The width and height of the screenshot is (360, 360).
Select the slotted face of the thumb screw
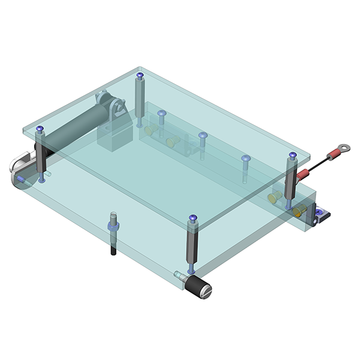point(206,293)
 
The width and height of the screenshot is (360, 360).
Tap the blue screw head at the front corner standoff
point(193,218)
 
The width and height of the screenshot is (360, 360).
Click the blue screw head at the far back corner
point(140,76)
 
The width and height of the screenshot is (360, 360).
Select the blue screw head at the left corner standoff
point(40,129)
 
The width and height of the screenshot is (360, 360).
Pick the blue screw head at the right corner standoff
point(292,156)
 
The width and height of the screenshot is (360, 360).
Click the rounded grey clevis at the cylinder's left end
point(21,165)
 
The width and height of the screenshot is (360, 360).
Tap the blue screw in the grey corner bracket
point(319,211)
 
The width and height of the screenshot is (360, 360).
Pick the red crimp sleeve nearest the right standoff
point(303,175)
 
